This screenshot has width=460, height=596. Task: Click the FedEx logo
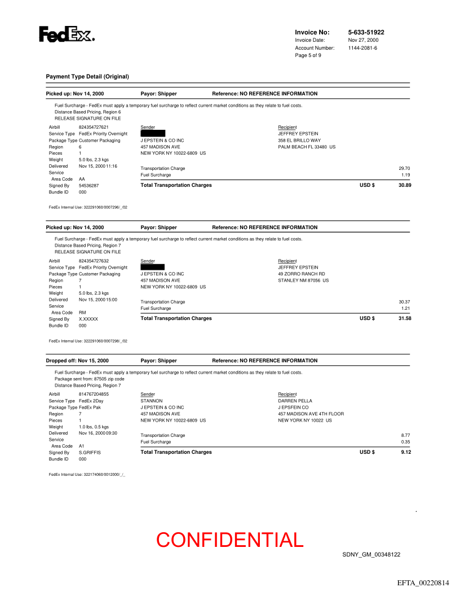67,35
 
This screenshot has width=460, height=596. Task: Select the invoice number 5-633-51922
366,33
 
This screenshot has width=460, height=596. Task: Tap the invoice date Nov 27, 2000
363,40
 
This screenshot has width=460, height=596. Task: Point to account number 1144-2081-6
362,48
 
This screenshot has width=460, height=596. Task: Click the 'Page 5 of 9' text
308,55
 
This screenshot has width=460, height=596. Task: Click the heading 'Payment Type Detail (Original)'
87,76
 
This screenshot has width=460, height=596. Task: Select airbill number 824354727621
94,127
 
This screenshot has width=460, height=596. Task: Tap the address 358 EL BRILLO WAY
299,140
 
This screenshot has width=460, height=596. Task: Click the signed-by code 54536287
89,185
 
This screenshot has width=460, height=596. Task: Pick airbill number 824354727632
94,261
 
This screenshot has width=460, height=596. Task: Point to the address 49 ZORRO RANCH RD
302,274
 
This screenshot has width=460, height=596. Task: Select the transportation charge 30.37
404,302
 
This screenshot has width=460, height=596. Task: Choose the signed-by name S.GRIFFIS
90,452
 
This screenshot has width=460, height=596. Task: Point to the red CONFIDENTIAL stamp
230,540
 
